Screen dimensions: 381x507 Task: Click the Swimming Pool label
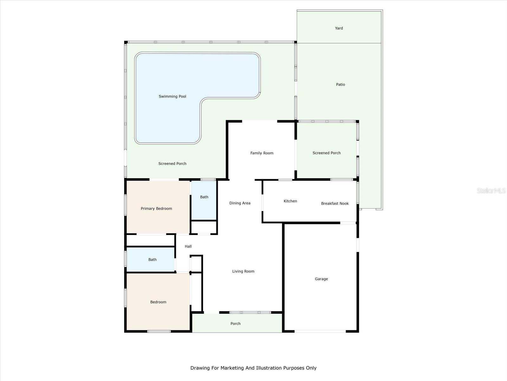coord(172,97)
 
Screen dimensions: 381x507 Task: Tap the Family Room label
coord(262,153)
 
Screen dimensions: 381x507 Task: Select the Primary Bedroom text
coord(156,209)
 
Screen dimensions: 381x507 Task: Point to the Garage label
coord(321,279)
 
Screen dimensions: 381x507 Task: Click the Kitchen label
coord(290,201)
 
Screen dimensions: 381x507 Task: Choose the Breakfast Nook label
coord(335,204)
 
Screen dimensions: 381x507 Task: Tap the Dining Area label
coord(240,203)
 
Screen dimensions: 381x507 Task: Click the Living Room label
coord(243,271)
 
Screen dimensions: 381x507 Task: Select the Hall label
coord(188,246)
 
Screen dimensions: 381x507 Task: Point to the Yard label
coord(339,28)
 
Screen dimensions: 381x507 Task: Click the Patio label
coord(340,84)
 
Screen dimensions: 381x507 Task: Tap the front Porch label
coord(235,324)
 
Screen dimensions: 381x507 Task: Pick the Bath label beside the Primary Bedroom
coord(204,197)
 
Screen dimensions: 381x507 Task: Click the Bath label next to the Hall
coord(152,260)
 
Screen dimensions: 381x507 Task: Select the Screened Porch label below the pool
coord(172,164)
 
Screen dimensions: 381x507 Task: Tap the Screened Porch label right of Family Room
coord(326,153)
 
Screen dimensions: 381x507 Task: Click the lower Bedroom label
coord(158,302)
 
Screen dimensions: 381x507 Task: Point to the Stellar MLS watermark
coord(491,190)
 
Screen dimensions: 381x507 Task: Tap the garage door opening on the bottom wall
coord(320,331)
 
